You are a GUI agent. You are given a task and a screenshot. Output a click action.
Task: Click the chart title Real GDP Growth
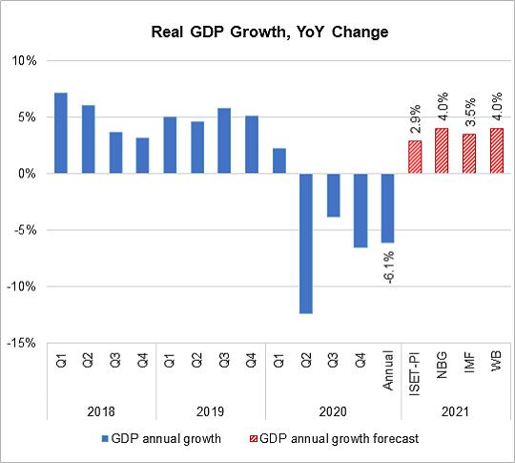coord(257,32)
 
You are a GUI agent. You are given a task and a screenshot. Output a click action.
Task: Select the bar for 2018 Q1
coord(61,134)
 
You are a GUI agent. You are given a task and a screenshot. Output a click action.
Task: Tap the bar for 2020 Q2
coord(306,243)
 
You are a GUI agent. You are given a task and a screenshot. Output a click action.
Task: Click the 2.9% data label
coord(415,122)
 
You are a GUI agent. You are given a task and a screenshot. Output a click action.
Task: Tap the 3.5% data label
coord(469,116)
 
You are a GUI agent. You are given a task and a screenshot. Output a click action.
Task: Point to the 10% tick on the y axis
coord(23,61)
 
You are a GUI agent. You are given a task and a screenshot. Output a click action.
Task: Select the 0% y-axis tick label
coord(26,174)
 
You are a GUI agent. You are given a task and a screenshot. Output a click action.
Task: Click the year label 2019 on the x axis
coord(211,412)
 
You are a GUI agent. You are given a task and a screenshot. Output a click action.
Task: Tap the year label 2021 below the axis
coord(455,412)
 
